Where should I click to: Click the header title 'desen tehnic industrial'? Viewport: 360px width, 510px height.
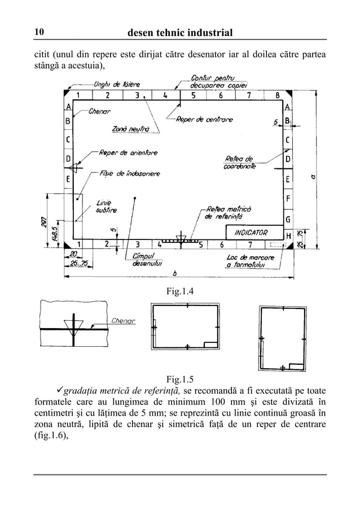pyautogui.click(x=181, y=32)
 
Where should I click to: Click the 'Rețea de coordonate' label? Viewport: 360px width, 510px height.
pyautogui.click(x=240, y=162)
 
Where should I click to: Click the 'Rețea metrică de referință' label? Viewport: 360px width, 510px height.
pyautogui.click(x=225, y=213)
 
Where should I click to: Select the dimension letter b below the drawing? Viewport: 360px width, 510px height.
pyautogui.click(x=175, y=273)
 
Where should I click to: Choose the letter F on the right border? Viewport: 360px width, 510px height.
pyautogui.click(x=288, y=199)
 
